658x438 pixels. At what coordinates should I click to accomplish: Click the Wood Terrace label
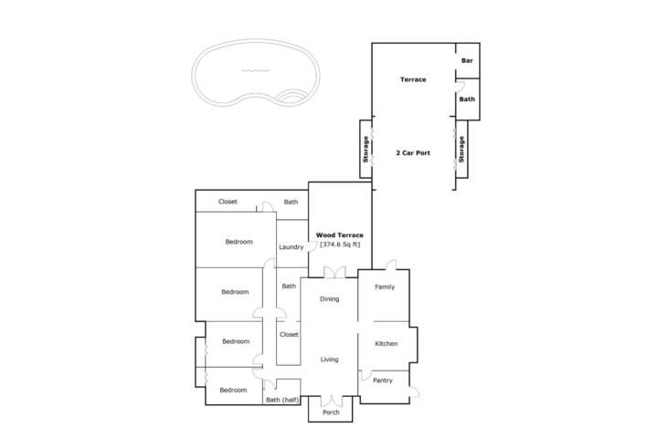coord(339,235)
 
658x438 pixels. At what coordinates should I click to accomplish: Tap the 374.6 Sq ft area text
coord(340,245)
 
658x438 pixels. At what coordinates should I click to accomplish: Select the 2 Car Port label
coord(413,153)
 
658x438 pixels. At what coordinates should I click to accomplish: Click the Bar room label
coord(467,61)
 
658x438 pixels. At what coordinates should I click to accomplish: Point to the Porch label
coord(331,412)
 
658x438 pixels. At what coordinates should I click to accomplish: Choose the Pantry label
coord(383,381)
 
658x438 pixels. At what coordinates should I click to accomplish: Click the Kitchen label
coord(386,344)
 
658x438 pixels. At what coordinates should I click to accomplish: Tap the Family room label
coord(385,287)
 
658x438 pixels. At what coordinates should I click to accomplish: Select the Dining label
coord(329,299)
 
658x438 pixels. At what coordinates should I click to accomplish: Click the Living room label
coord(329,360)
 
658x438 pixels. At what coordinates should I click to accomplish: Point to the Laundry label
coord(292,247)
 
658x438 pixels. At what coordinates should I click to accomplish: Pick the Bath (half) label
coord(282,401)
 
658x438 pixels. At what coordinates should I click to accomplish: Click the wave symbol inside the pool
coord(256,70)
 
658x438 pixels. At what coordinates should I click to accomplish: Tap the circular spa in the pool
coord(292,97)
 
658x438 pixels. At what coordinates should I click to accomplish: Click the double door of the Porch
coord(331,401)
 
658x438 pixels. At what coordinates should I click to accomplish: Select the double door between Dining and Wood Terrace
coord(334,272)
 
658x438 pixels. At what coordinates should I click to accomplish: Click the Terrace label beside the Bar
coord(413,79)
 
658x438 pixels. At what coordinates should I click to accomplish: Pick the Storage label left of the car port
coord(366,150)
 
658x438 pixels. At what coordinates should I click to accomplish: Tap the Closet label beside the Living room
coord(289,335)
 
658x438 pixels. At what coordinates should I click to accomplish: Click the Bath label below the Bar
coord(467,99)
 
